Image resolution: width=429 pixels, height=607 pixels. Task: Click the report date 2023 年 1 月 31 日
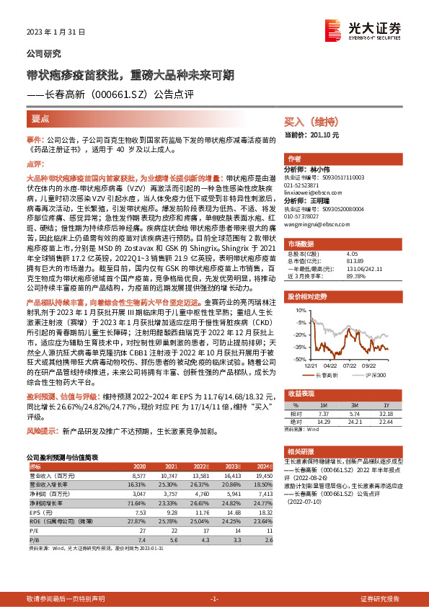point(56,32)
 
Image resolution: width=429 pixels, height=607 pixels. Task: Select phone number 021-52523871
point(306,185)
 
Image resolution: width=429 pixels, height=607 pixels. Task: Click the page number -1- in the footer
point(214,599)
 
